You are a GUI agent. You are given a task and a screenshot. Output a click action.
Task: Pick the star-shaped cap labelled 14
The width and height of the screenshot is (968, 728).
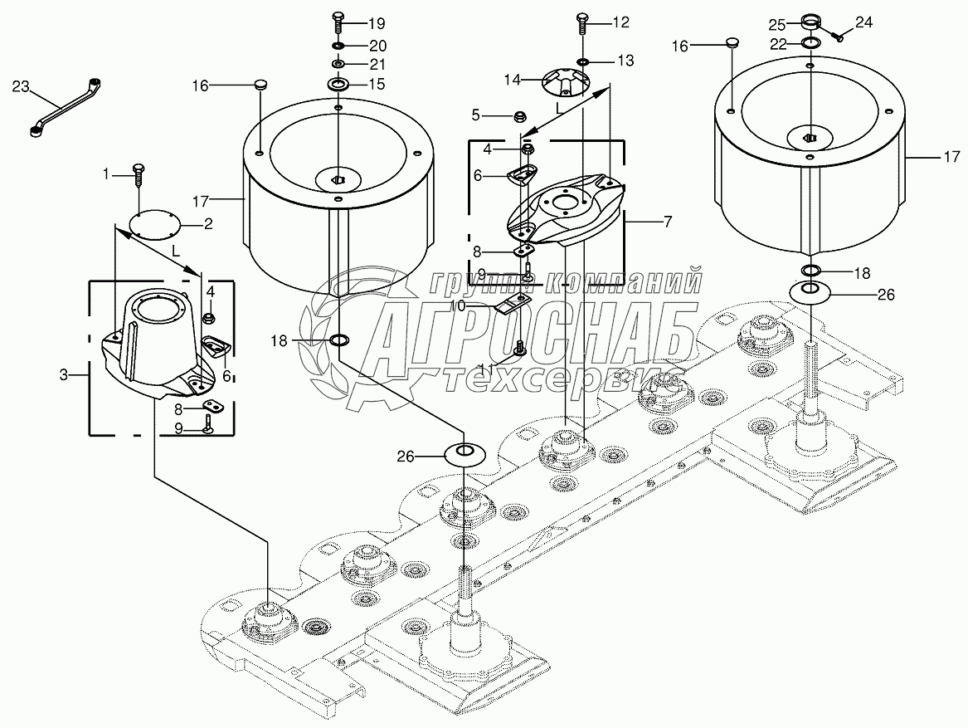(565, 81)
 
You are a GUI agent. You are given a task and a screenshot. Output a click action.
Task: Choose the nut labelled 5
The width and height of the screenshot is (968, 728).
(522, 115)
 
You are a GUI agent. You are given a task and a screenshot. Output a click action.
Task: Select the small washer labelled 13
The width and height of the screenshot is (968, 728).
(584, 61)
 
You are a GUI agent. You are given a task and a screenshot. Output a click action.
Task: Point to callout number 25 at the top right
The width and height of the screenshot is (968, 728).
(776, 23)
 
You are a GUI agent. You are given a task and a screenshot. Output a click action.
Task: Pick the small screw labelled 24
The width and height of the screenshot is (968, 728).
(839, 36)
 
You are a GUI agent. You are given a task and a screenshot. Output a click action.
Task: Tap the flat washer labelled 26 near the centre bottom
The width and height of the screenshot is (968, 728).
(465, 455)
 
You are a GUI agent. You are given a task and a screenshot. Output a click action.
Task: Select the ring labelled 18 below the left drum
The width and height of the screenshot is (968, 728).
(339, 340)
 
